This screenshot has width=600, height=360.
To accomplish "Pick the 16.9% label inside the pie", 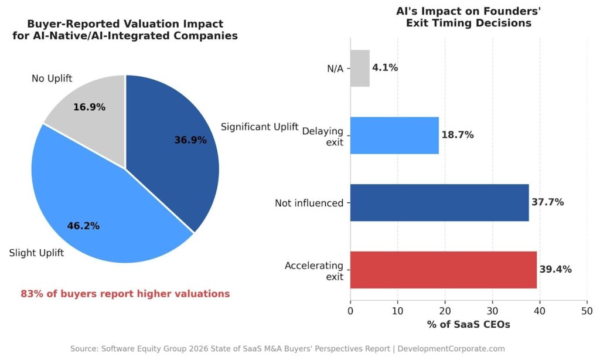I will (x=89, y=107).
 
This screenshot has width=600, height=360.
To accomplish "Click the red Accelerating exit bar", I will (x=443, y=270).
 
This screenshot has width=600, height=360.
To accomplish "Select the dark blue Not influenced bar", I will (x=439, y=202).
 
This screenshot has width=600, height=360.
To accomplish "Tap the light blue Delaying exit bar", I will (x=394, y=135).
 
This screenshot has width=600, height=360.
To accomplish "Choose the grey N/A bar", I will (x=360, y=68).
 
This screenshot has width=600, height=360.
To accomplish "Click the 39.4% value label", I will (x=555, y=270).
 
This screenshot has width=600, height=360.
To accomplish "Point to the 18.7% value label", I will (x=457, y=135).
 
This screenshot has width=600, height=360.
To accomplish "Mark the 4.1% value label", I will (x=385, y=68).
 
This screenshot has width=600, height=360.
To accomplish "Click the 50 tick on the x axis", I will (x=587, y=310).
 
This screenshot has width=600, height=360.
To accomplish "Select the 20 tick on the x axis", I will (x=445, y=310).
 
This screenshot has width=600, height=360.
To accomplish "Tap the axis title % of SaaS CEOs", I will (x=468, y=324).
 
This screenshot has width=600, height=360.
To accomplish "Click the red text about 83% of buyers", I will (x=125, y=294).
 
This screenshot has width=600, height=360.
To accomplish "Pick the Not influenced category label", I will (x=309, y=203).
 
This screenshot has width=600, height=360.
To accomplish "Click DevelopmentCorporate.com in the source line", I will (x=451, y=348).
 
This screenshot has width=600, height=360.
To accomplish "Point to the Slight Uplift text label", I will (x=36, y=253).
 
